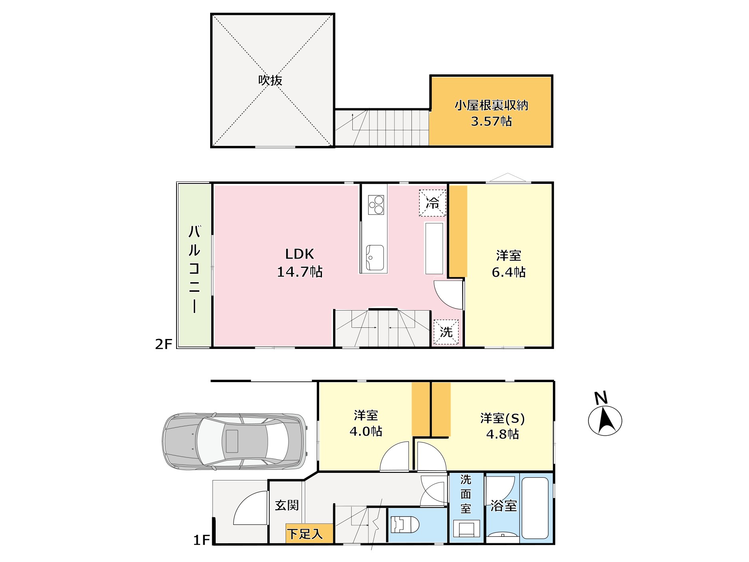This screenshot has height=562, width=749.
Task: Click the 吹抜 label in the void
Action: [x=270, y=80]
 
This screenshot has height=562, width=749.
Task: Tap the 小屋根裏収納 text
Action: [x=491, y=105]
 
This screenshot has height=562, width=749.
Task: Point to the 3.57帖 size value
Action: [x=491, y=121]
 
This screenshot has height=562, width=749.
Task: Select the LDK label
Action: [x=300, y=254]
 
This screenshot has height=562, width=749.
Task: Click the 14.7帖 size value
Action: [x=300, y=272]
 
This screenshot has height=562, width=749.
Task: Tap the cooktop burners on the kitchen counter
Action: [x=376, y=205]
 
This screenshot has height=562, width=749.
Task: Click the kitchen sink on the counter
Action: [x=375, y=258]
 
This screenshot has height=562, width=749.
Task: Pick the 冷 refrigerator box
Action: [x=433, y=203]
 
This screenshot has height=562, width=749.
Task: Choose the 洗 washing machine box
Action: [x=446, y=332]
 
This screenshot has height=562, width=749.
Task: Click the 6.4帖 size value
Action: [x=509, y=272]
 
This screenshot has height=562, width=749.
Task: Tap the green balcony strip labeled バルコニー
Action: [x=195, y=265]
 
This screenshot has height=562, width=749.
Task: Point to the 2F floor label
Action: [x=163, y=344]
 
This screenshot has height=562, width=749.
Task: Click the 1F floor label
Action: [x=201, y=540]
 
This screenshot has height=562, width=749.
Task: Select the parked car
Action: [x=235, y=441]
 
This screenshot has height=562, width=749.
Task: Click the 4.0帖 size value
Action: [x=366, y=431]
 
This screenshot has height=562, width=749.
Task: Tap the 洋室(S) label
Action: [x=503, y=418]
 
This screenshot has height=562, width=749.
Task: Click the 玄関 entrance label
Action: [x=287, y=505]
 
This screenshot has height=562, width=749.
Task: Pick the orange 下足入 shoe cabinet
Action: [x=310, y=533]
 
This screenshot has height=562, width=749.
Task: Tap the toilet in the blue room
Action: [x=405, y=525]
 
